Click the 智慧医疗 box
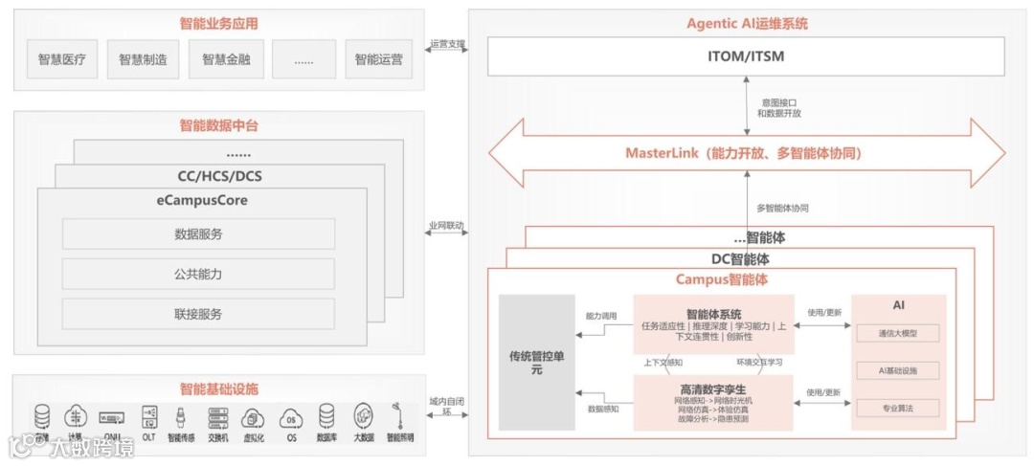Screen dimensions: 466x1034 click(61, 59)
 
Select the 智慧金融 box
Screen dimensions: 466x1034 click(226, 59)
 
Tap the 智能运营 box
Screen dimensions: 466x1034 click(378, 59)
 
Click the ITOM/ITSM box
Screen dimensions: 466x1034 click(745, 56)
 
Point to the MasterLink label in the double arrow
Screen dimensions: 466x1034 click(743, 153)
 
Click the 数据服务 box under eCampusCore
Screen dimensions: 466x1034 click(198, 234)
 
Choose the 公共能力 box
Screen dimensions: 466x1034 click(198, 275)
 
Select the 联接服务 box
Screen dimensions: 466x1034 click(198, 314)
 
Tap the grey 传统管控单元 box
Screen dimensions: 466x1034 click(536, 363)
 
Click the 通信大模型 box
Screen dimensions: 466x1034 click(897, 333)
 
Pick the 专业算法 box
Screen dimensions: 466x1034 click(897, 409)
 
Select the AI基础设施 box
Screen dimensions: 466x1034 click(897, 370)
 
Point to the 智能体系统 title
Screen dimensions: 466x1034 click(713, 314)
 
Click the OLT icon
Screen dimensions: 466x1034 click(148, 417)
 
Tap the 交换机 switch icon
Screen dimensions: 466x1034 click(216, 417)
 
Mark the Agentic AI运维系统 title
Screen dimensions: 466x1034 click(747, 23)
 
